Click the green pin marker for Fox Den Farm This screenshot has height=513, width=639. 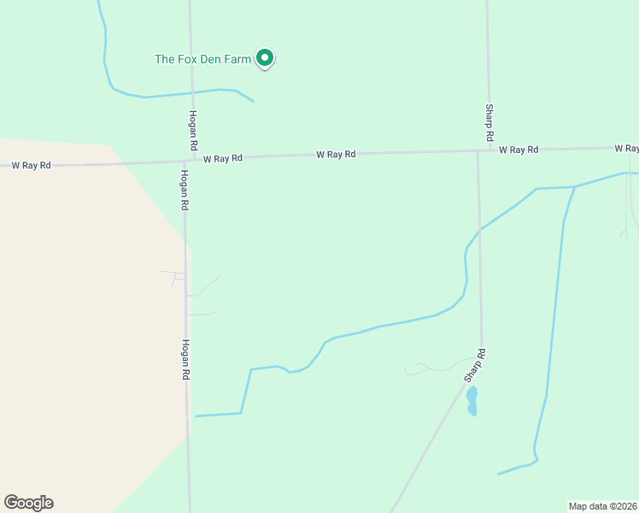[x=265, y=58]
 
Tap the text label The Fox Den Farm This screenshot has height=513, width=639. [x=202, y=59]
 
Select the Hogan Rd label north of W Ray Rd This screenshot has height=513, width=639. [x=194, y=127]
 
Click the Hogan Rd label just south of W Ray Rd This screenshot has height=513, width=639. [x=184, y=190]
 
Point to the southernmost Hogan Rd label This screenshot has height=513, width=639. [x=185, y=359]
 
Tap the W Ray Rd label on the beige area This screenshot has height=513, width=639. [x=31, y=165]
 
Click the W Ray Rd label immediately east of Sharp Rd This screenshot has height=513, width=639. [x=519, y=150]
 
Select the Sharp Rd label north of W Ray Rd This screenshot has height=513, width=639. [x=490, y=123]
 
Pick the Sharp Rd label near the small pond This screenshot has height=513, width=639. [x=475, y=366]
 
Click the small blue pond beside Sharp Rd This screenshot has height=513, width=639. [x=471, y=400]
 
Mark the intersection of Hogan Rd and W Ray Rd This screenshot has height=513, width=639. [x=186, y=160]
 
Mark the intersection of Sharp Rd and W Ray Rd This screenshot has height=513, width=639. [x=478, y=151]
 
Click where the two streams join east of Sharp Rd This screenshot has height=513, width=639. [x=574, y=186]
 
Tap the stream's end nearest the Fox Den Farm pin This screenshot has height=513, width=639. [x=254, y=102]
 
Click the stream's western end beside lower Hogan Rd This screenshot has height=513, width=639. [x=196, y=416]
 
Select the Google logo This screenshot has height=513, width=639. [x=28, y=503]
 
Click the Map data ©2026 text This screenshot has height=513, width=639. [x=602, y=505]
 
